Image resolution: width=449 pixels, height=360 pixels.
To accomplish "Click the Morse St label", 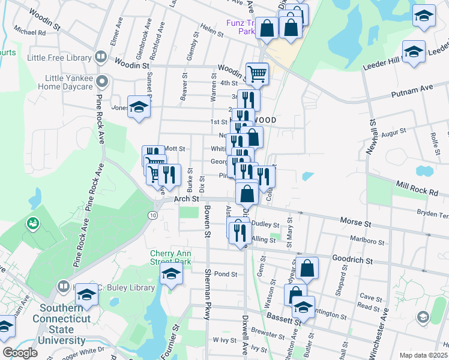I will (x=352, y=222).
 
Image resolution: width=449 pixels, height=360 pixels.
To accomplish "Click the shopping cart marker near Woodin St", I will (x=257, y=74).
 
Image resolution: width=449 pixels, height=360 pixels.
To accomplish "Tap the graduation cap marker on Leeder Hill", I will (x=414, y=52).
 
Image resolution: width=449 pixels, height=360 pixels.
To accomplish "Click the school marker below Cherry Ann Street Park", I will (x=171, y=275).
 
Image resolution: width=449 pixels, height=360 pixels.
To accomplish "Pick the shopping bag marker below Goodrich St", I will (x=307, y=269).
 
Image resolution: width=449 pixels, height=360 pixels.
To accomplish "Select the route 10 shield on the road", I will (x=154, y=214).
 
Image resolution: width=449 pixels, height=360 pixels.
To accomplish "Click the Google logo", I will (x=20, y=353).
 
